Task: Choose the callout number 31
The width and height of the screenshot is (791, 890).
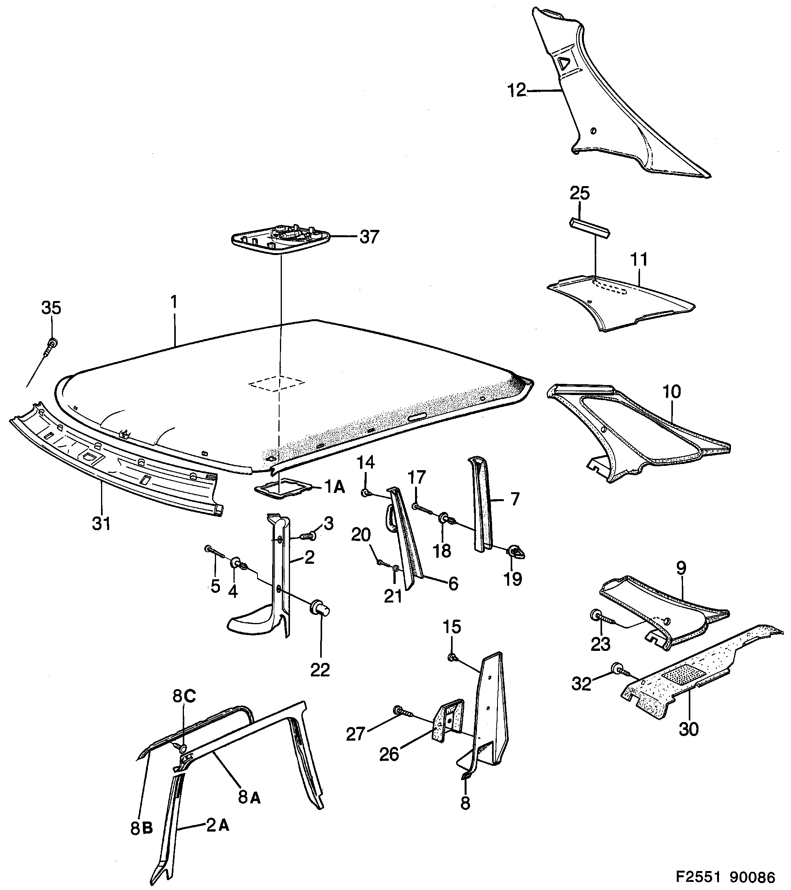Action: point(101,524)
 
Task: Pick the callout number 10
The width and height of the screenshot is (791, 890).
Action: point(671,392)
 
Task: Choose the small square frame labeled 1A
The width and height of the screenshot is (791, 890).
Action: point(283,488)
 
